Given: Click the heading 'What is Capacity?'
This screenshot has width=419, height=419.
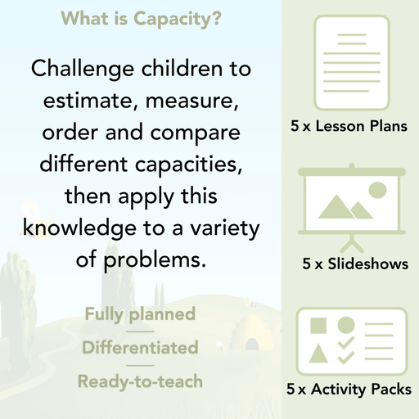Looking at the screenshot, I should (x=140, y=17).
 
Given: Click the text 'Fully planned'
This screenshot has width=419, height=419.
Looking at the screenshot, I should (x=140, y=313).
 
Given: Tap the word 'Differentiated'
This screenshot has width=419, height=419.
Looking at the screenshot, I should (x=140, y=347).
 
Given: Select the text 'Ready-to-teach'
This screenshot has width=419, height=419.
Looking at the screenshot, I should (x=140, y=381).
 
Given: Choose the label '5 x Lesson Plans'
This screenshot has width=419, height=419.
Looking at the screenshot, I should (x=349, y=127).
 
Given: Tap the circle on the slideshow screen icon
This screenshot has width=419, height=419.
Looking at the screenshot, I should (x=377, y=191).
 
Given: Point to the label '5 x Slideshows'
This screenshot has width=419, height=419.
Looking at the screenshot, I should (x=354, y=264).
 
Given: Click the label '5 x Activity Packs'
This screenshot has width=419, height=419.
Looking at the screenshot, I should (x=349, y=390).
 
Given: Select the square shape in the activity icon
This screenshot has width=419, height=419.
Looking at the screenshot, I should (x=318, y=325).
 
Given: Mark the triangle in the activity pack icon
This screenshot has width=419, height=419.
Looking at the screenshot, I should (x=318, y=354).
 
